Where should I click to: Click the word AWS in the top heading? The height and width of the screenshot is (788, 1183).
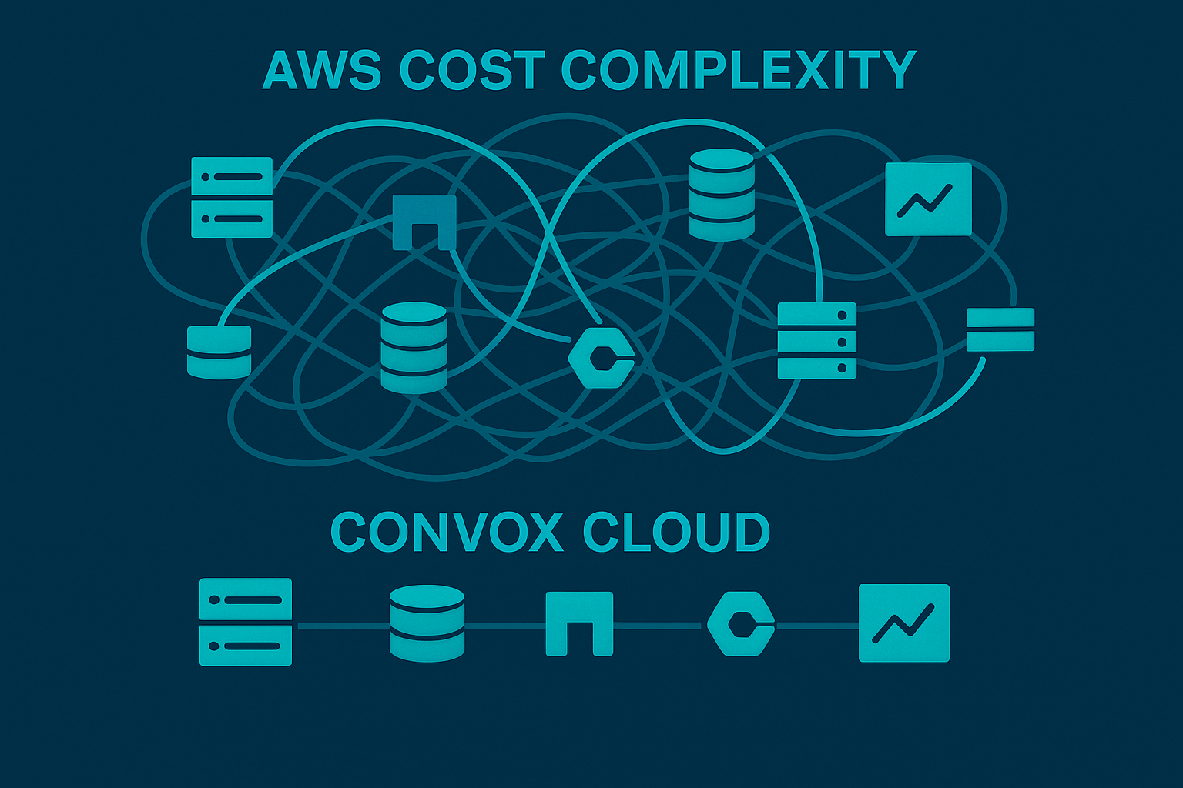click(321, 71)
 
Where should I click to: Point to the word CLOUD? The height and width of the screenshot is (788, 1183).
click(676, 532)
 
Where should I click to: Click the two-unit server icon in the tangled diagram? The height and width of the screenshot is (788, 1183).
click(232, 197)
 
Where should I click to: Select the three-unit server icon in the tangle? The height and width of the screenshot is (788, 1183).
click(817, 340)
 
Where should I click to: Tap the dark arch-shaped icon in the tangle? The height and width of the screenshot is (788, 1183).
click(424, 222)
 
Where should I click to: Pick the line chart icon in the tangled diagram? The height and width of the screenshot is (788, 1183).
click(928, 199)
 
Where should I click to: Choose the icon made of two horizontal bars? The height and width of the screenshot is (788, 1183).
click(1000, 329)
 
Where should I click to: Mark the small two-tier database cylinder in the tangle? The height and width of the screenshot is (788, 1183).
click(219, 352)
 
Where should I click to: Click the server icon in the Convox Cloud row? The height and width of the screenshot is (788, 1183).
click(246, 622)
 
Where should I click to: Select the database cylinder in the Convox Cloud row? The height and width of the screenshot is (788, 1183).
click(427, 623)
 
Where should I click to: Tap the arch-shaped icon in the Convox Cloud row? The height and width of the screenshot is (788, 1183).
click(579, 623)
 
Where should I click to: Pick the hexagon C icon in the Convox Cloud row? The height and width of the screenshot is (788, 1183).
click(740, 623)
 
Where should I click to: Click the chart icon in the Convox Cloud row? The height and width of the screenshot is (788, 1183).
click(904, 623)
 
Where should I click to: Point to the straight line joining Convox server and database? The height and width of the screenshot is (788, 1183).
click(340, 626)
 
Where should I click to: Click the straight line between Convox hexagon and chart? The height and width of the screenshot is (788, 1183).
click(816, 626)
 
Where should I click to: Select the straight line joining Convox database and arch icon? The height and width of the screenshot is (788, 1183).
click(505, 626)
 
